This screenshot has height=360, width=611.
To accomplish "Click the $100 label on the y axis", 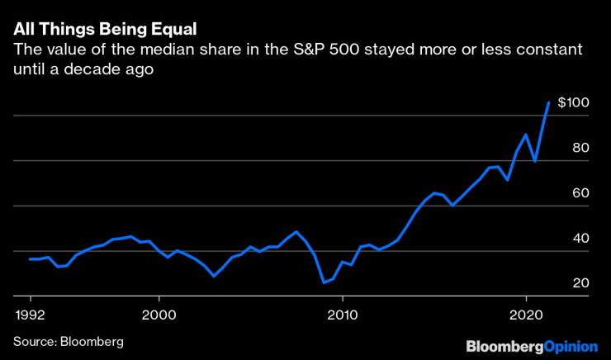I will coord(572,103).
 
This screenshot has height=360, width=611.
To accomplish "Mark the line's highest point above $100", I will coord(549,102).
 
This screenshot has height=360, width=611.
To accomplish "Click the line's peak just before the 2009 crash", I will coord(296,232).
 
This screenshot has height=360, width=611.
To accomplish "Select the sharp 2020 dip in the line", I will coord(535,161).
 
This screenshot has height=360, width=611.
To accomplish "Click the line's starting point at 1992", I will coord(31,259).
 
